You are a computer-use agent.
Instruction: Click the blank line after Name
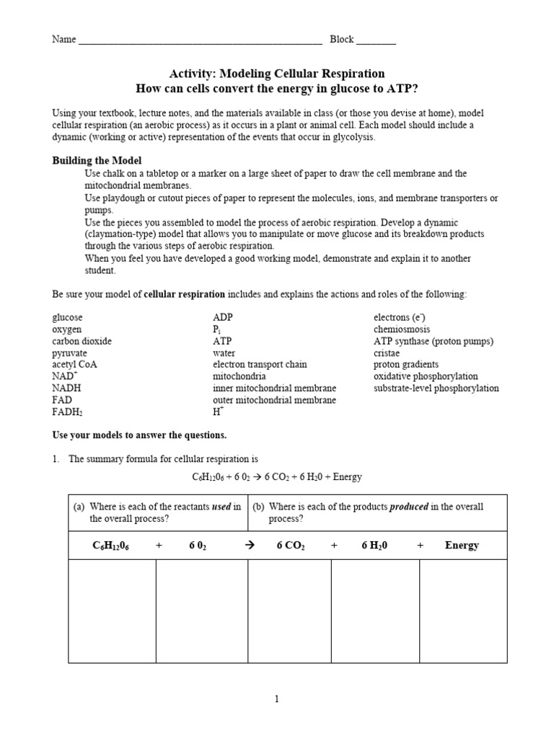pos(200,40)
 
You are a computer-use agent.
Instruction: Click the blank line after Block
pos(376,40)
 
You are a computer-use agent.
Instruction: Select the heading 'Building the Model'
pos(97,161)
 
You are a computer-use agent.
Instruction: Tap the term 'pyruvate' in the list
pos(69,353)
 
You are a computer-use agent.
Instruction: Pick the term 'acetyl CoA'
pos(74,365)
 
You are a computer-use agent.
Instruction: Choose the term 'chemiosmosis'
pos(401,329)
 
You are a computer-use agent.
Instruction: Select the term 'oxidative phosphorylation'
pos(426,377)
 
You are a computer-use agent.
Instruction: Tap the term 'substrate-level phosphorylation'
pos(436,388)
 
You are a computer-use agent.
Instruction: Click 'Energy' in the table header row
pos(462,546)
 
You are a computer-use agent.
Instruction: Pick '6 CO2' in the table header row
pos(291,546)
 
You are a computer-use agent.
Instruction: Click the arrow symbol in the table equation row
pos(251,546)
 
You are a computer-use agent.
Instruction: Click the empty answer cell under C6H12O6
pos(112,611)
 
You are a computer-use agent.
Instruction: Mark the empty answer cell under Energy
pos(463,611)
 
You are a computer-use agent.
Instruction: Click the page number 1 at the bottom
pos(276,698)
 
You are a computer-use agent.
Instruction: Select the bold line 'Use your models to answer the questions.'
pos(139,435)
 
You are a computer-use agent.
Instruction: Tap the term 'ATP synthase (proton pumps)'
pos(434,342)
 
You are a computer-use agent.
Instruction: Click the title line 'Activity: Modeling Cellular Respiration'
pos(276,74)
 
